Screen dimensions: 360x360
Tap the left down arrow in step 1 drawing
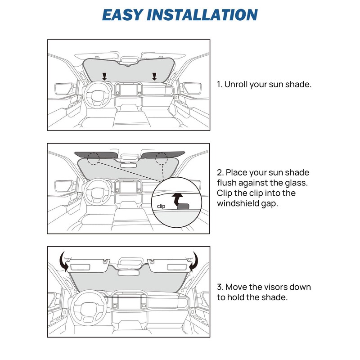(x=104, y=76)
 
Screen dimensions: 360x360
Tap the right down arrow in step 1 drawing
(x=154, y=76)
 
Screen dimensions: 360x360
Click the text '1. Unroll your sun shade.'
(x=264, y=84)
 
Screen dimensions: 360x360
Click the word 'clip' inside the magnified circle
(x=162, y=206)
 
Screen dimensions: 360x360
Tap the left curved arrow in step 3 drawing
(x=64, y=261)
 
